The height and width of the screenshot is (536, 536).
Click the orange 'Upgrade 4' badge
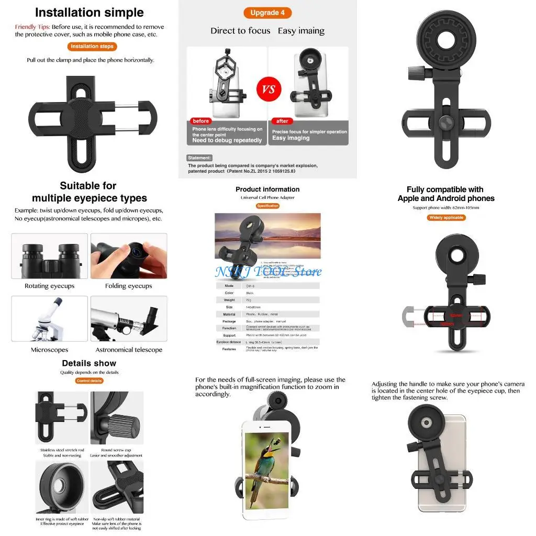click(267, 13)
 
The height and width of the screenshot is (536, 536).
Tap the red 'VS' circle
click(269, 90)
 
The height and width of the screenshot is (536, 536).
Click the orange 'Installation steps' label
click(92, 46)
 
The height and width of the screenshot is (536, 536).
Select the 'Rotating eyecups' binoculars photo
click(50, 256)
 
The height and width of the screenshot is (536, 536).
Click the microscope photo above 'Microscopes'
click(50, 318)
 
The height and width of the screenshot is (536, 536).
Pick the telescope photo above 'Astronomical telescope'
click(129, 318)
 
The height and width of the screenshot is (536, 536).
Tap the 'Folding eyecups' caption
click(128, 286)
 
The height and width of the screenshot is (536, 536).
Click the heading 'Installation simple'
click(89, 13)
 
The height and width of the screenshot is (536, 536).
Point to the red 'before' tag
click(200, 121)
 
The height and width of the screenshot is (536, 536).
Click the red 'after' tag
click(282, 121)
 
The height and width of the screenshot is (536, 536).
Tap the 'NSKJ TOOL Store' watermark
click(267, 271)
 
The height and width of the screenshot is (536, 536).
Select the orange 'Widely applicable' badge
click(446, 217)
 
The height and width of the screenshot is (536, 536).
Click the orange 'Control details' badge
click(89, 381)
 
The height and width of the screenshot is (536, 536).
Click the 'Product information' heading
click(267, 189)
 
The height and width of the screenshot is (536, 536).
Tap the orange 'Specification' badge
click(267, 206)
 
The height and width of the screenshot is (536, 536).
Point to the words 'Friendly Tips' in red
click(32, 27)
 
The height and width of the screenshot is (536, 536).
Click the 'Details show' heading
click(89, 363)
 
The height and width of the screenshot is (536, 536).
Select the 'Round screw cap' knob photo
click(117, 419)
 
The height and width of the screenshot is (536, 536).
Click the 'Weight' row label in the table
click(229, 300)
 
